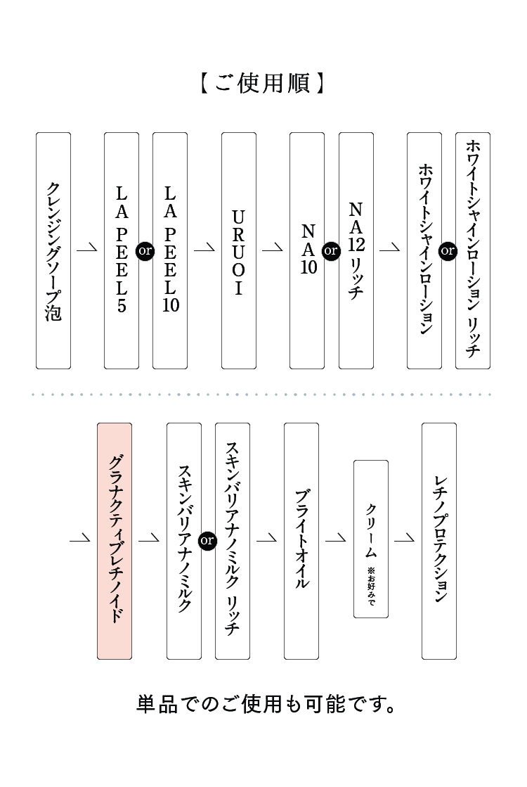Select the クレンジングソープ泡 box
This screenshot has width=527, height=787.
click(53, 250)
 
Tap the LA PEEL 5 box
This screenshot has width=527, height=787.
click(122, 250)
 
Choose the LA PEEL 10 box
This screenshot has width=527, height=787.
click(170, 250)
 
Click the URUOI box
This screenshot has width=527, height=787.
click(239, 250)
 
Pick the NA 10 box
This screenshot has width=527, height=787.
click(307, 250)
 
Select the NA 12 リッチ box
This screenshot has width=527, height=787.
click(356, 250)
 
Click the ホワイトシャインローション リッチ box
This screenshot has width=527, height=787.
click(473, 250)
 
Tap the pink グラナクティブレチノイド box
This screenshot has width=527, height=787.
click(115, 541)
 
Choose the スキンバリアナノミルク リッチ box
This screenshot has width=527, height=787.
click(233, 541)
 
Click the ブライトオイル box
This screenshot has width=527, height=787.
click(301, 541)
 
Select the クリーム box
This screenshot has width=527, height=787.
click(371, 539)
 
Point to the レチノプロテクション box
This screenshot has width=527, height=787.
click(439, 541)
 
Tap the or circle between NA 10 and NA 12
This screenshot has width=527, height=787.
click(331, 250)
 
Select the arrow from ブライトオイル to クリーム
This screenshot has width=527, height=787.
click(336, 539)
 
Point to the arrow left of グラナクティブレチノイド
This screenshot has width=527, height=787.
click(79, 539)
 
